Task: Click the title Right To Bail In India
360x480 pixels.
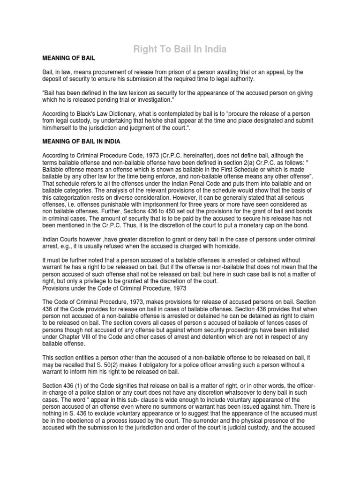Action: point(180,48)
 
